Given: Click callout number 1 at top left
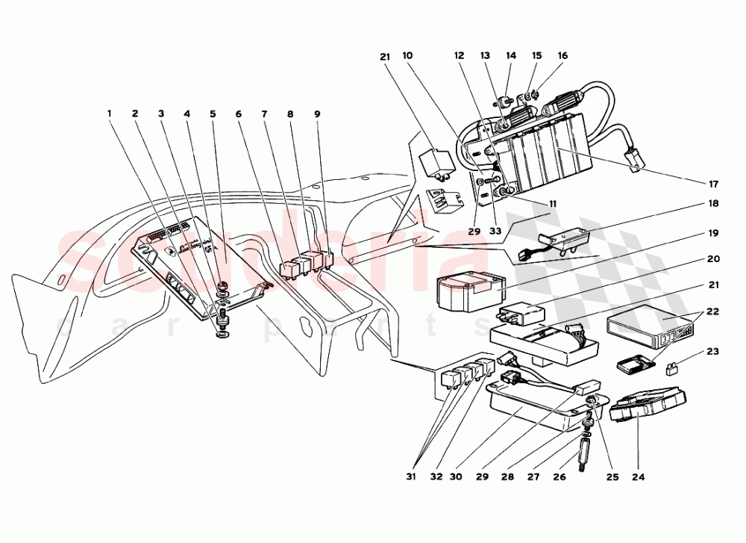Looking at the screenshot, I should pyautogui.click(x=109, y=114).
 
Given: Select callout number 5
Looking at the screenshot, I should pyautogui.click(x=213, y=114).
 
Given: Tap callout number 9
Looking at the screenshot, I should pyautogui.click(x=317, y=114).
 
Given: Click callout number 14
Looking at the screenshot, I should pyautogui.click(x=511, y=56).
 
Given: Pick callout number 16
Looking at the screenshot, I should pyautogui.click(x=562, y=56).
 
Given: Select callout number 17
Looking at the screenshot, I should pyautogui.click(x=714, y=184).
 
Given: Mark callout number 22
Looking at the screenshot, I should pyautogui.click(x=714, y=311).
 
